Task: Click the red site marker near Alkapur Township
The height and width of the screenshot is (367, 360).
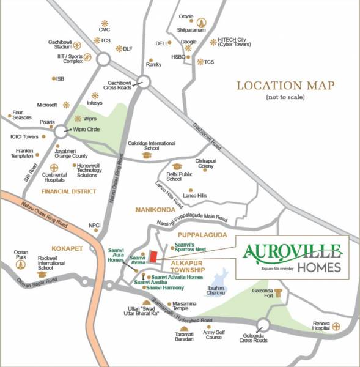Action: tap(154, 256)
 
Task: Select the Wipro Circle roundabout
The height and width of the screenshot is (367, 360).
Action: tap(62, 131)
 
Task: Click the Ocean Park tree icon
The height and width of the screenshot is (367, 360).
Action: tap(21, 265)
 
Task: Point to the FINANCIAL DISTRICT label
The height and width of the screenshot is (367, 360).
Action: tap(68, 191)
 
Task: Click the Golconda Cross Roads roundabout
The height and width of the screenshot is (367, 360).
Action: tap(263, 324)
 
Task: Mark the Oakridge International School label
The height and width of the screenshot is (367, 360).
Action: tap(147, 146)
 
